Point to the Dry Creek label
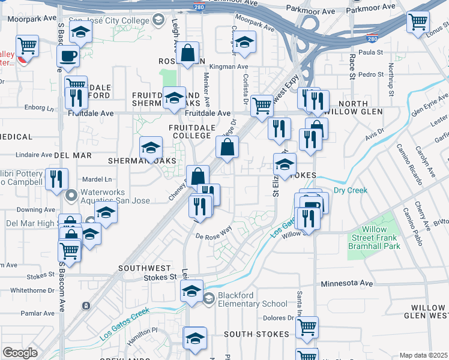click(350, 190)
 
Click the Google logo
click(20, 353)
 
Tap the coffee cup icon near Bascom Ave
click(68, 57)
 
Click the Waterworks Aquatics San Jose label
click(113, 198)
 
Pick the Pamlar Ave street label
click(37, 313)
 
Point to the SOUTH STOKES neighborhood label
click(253, 334)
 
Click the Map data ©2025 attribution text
click(423, 355)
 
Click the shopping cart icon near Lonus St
click(418, 23)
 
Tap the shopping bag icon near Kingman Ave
click(188, 53)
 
